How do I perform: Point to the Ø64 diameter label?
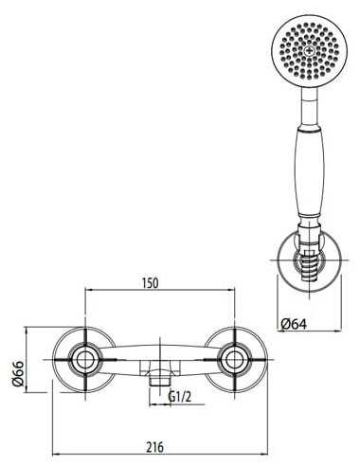click(296, 325)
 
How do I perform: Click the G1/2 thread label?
click(181, 398)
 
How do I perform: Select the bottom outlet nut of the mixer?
click(156, 383)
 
